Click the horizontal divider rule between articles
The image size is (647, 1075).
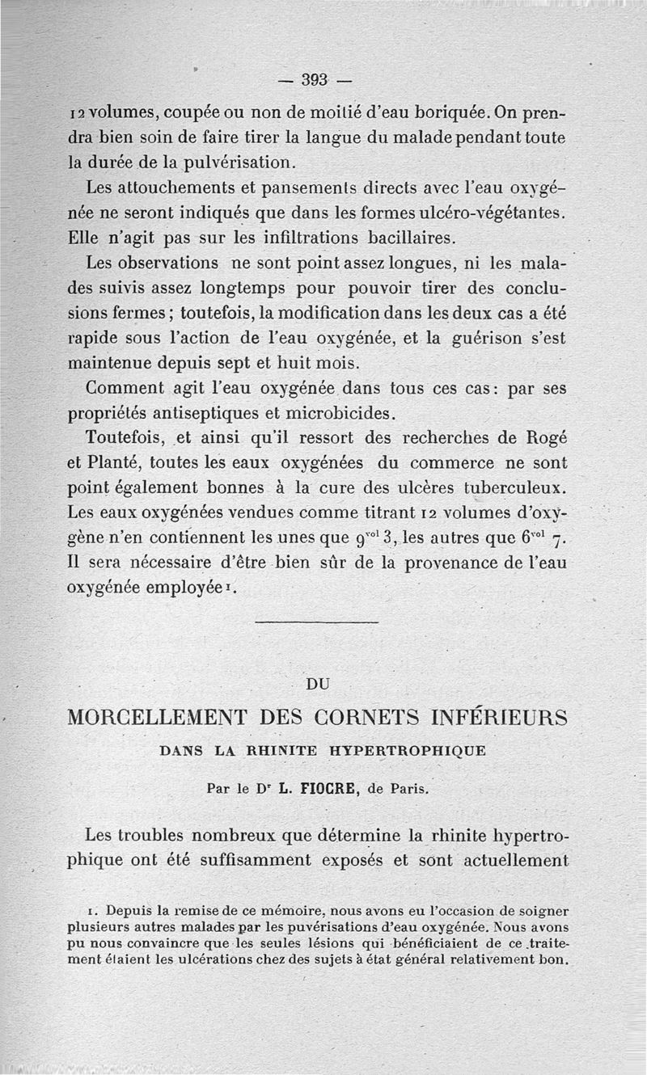click(316, 622)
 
